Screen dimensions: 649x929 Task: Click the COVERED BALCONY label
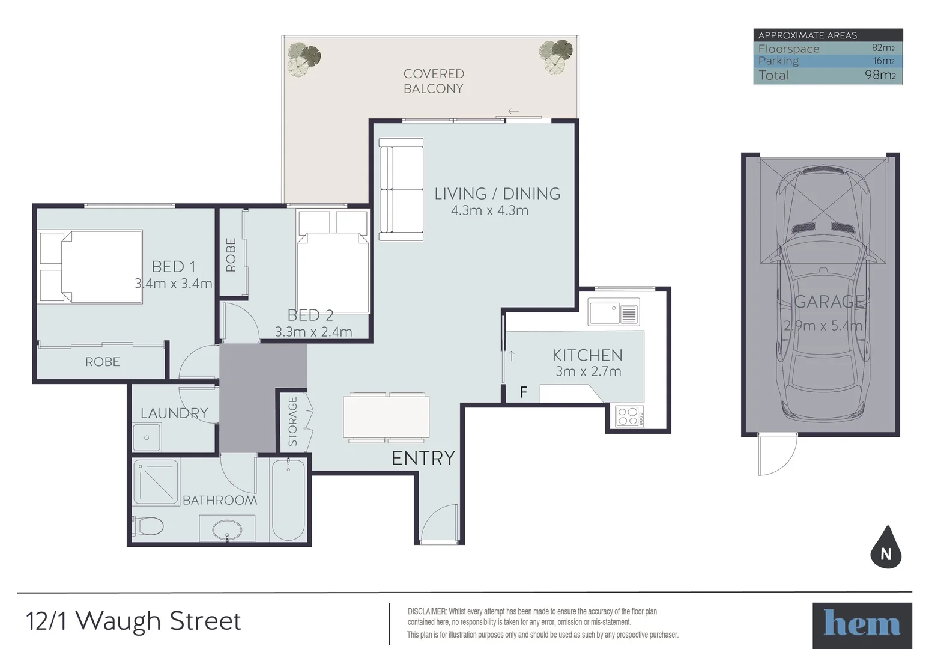click(433, 81)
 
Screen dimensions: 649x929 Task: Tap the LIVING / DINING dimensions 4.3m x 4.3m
click(489, 210)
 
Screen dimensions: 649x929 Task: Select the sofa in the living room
click(401, 189)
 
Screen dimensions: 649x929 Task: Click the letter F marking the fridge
click(523, 392)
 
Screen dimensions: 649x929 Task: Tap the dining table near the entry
click(386, 418)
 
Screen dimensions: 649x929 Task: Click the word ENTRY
click(423, 458)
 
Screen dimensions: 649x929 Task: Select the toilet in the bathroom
click(148, 527)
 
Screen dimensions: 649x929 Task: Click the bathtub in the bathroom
click(288, 500)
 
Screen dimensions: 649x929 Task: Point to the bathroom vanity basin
click(227, 531)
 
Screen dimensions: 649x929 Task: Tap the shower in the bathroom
click(156, 482)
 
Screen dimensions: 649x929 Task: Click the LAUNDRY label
click(174, 413)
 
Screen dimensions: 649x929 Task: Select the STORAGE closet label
click(293, 421)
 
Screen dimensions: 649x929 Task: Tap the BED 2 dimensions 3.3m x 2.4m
click(313, 332)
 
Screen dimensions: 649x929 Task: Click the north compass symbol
click(886, 548)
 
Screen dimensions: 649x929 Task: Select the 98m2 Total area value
click(880, 75)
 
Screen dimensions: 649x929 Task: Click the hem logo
click(862, 624)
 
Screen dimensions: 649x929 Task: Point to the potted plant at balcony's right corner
click(555, 56)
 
